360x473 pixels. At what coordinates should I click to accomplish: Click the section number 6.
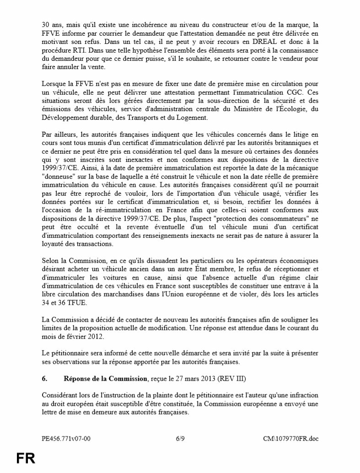click(44, 378)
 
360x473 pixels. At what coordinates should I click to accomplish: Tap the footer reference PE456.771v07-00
click(66, 438)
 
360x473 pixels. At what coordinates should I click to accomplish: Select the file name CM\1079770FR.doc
click(290, 438)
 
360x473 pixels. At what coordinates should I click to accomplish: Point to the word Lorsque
click(55, 84)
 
